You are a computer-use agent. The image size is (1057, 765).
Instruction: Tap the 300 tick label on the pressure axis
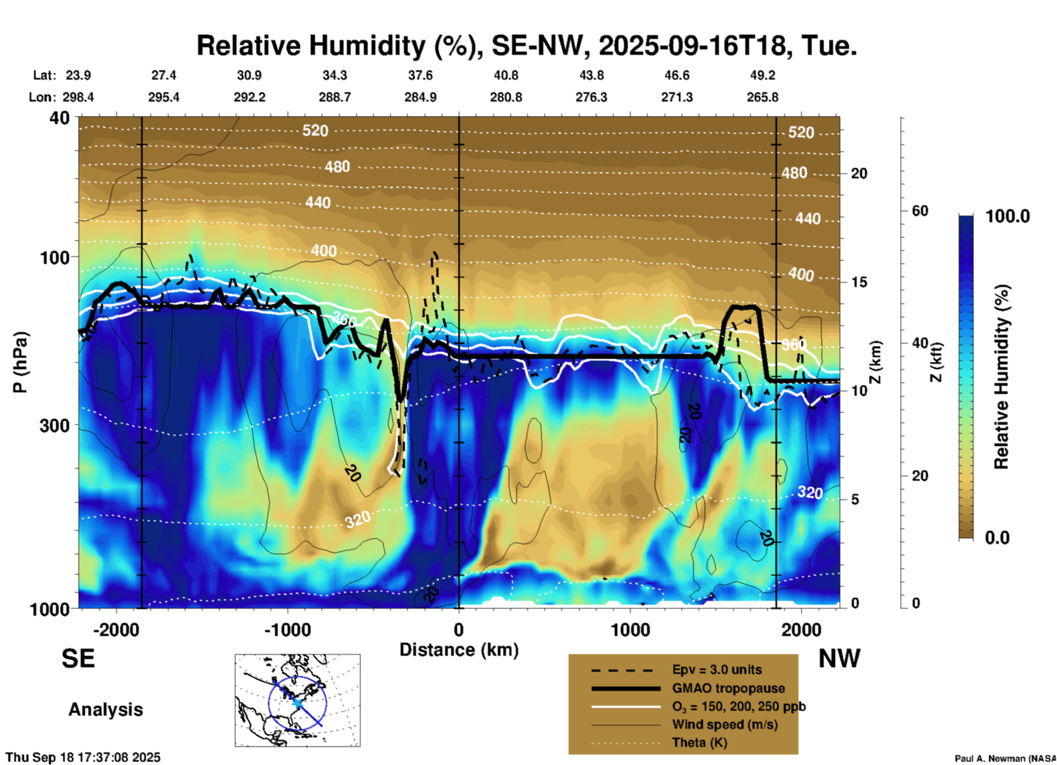[55, 425]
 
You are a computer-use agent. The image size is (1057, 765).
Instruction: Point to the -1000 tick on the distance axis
[288, 629]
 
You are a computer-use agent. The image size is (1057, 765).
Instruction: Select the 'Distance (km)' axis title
[459, 650]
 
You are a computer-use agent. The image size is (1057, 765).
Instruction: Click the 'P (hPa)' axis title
[20, 362]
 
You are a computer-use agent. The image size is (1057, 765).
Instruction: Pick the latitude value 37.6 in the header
[420, 75]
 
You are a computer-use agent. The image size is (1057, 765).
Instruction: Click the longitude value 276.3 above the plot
[591, 97]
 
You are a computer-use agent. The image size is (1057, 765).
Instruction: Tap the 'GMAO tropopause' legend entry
[728, 688]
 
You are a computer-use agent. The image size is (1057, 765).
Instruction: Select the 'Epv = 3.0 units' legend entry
[717, 670]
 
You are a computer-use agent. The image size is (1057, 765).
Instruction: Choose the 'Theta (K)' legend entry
[699, 743]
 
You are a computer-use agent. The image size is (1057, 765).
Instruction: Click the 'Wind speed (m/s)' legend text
[724, 724]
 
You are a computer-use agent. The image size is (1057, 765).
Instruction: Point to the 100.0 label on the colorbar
[1008, 217]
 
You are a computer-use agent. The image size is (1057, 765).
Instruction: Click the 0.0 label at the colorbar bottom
[997, 538]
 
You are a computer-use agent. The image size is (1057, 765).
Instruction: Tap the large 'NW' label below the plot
[839, 659]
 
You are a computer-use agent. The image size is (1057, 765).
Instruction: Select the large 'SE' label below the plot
[78, 659]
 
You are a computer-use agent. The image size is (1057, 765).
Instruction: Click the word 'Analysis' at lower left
[105, 710]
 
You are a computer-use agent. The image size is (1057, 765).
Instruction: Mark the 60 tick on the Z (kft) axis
[920, 211]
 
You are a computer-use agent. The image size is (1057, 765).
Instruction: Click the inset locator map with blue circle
[297, 700]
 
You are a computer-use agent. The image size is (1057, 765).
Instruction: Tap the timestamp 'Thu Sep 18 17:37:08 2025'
[83, 757]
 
